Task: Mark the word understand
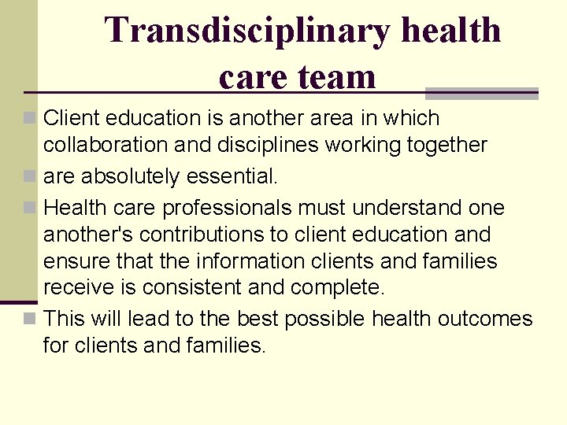[x=409, y=208]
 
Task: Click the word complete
[x=338, y=288]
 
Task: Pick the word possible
[x=324, y=320]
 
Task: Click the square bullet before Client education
[x=29, y=118]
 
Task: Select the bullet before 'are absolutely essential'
[x=29, y=176]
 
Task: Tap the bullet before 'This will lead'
[x=29, y=319]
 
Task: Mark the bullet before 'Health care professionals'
[x=29, y=208]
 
